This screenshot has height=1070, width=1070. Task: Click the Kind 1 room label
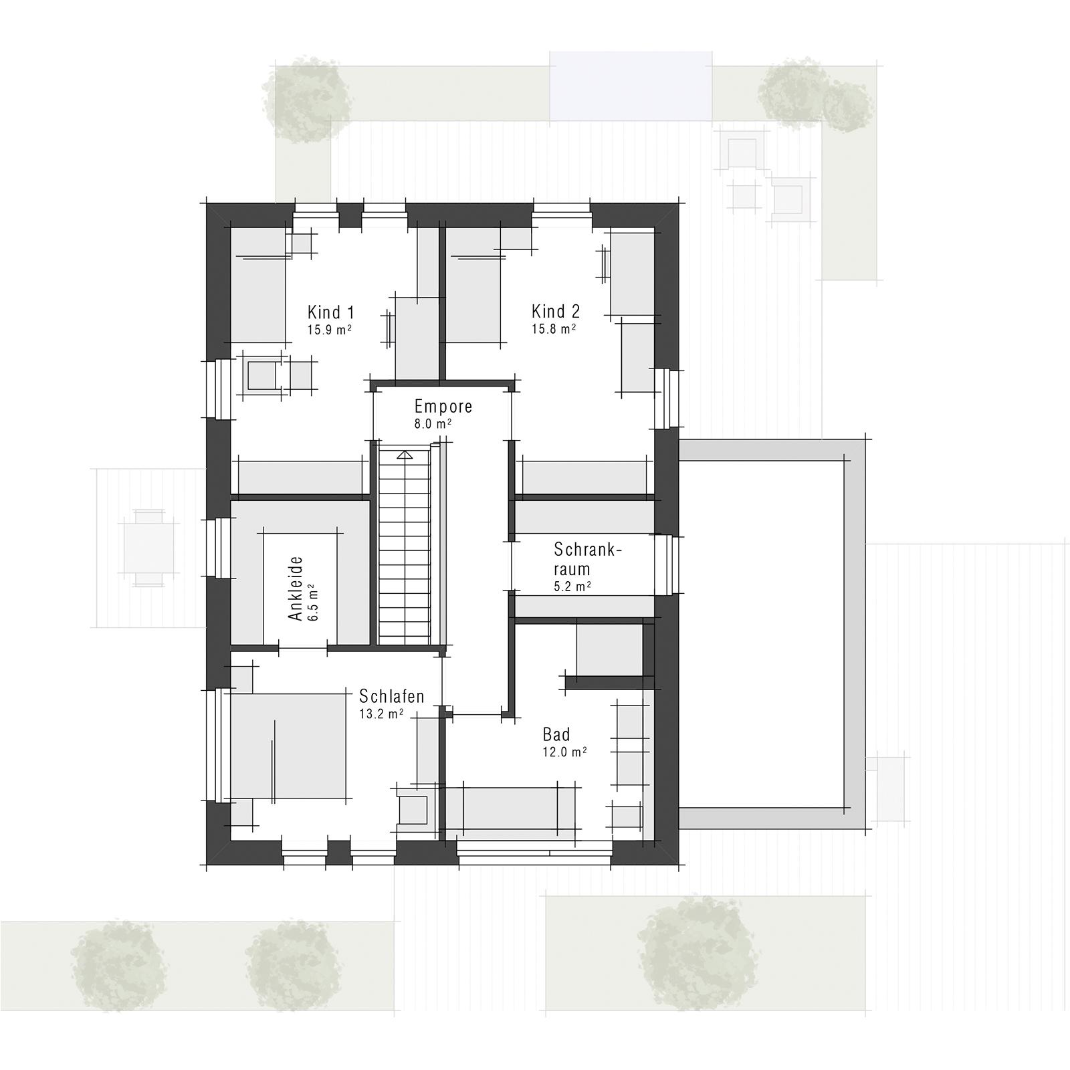[x=330, y=312]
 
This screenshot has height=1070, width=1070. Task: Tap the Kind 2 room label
[x=555, y=311]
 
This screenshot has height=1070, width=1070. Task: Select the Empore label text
[x=443, y=406]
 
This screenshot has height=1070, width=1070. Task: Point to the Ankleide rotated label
[x=296, y=588]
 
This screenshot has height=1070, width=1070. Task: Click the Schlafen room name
[x=391, y=696]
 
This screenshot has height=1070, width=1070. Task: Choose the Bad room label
[x=556, y=735]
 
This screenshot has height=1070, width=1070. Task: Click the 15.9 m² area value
[x=330, y=330]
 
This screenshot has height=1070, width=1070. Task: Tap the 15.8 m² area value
[x=554, y=329]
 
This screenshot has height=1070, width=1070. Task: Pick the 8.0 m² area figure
[x=433, y=423]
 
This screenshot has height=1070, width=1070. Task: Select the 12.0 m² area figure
[x=564, y=752]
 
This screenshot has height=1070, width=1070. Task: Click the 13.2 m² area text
[x=381, y=714]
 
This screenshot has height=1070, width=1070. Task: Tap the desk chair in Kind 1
[x=262, y=374]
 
